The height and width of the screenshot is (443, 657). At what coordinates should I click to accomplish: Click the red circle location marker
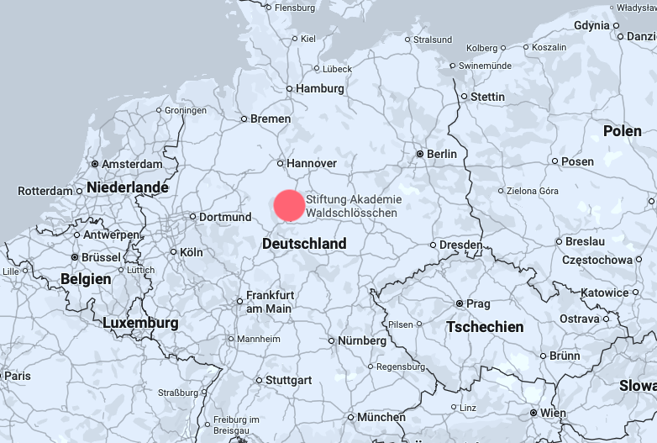(289, 206)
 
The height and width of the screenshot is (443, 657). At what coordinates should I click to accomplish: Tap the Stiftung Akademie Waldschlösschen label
(353, 206)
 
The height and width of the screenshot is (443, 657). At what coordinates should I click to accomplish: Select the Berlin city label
(442, 154)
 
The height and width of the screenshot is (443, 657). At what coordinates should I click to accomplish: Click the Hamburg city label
(321, 88)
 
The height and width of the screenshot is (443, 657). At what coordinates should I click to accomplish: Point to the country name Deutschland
(304, 244)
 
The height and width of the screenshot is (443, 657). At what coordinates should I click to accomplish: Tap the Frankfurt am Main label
(269, 302)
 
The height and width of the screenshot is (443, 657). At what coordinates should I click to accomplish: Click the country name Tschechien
(485, 327)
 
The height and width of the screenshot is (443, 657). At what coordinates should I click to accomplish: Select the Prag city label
(478, 303)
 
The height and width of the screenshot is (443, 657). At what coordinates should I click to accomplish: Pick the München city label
(381, 418)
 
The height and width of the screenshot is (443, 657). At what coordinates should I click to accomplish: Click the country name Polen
(623, 131)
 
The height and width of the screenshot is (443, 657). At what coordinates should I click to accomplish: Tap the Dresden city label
(461, 245)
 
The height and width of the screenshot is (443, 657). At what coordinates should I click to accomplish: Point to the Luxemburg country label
(140, 323)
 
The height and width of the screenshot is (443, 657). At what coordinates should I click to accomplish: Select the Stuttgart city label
(288, 380)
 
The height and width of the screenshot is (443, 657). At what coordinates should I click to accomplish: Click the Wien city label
(553, 413)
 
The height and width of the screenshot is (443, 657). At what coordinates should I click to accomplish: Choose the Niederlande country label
(128, 187)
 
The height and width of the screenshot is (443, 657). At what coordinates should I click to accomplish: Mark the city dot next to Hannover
(281, 163)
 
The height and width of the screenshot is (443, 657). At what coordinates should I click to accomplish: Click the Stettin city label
(487, 97)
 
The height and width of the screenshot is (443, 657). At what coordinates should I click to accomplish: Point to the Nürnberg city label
(362, 341)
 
